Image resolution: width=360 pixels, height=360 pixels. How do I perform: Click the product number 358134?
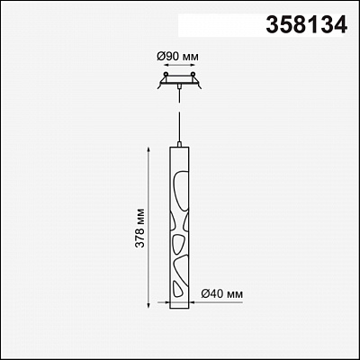[x=307, y=24]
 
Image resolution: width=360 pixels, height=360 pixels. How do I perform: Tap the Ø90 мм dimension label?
[x=178, y=57]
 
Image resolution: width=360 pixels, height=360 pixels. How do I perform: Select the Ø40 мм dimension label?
[x=222, y=294]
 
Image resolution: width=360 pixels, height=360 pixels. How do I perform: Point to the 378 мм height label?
[x=139, y=228]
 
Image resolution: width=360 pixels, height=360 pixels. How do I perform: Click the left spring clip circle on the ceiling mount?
[x=166, y=74]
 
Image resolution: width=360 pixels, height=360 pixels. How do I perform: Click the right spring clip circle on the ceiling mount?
[x=193, y=74]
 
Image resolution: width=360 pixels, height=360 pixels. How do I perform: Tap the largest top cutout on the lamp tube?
[x=181, y=190]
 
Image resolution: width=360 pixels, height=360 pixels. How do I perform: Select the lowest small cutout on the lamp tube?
[x=177, y=289]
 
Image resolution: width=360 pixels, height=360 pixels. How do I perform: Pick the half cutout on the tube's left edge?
[x=173, y=222]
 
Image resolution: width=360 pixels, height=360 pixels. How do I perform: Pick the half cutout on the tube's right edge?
[x=186, y=222]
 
